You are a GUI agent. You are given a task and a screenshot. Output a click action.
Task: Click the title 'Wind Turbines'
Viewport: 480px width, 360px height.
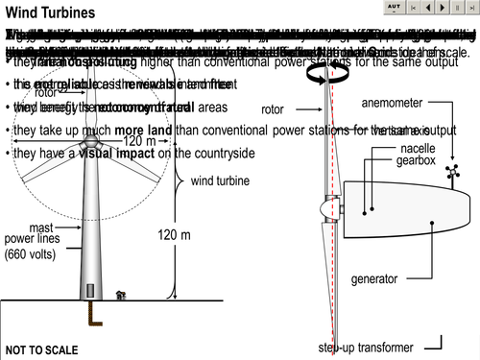point(51,13)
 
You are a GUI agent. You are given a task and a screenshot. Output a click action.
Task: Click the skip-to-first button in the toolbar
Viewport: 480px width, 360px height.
point(416,7)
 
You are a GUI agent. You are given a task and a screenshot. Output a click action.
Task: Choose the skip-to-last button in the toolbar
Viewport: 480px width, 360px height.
point(469,7)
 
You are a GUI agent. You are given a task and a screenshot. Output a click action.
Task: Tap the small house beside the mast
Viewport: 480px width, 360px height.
point(120,294)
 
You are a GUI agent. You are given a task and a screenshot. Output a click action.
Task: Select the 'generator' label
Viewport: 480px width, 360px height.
point(373,279)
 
